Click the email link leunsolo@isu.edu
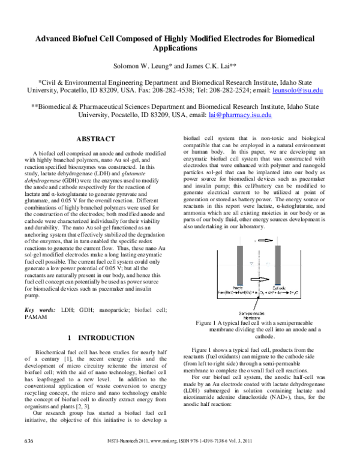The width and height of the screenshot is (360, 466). pyautogui.click(x=298, y=90)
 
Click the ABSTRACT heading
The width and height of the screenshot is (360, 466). pyautogui.click(x=96, y=139)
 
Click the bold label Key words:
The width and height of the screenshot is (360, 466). pyautogui.click(x=40, y=309)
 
